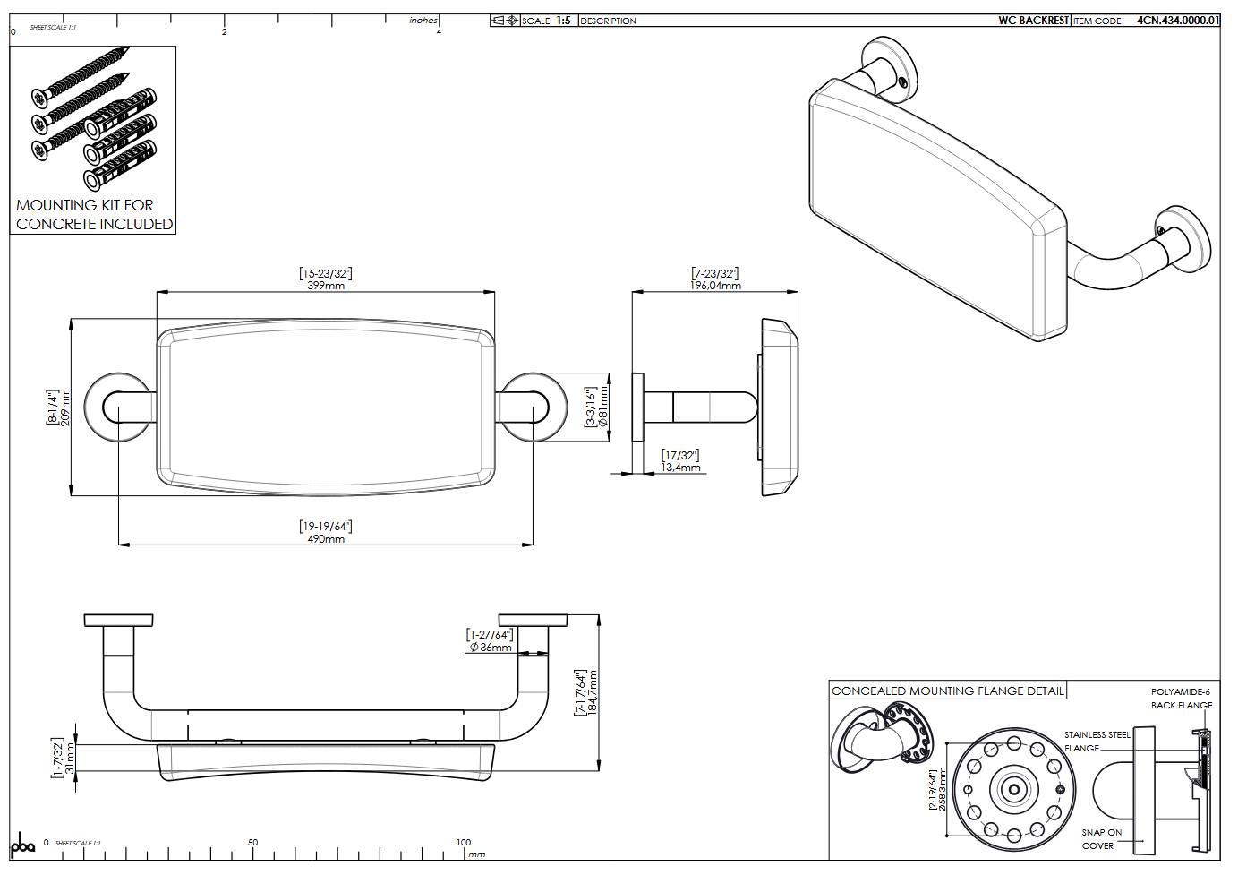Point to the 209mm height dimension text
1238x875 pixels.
65,407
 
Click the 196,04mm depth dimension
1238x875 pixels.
715,286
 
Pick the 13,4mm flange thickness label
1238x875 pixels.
680,468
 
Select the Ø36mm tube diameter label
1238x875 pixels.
491,647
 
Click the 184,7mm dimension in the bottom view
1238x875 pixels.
592,692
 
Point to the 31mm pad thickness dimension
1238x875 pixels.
71,758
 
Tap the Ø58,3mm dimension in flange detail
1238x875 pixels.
942,789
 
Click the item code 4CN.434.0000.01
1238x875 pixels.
1178,21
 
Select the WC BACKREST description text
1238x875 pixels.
1033,21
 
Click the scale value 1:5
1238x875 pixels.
563,21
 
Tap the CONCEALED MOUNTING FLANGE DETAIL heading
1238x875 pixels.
947,691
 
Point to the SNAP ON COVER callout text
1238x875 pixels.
1100,838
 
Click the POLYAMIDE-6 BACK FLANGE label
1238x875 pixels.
1181,699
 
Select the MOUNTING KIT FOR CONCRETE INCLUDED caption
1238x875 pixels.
94,215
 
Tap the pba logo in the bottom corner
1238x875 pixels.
21,845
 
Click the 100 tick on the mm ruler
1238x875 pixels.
464,843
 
